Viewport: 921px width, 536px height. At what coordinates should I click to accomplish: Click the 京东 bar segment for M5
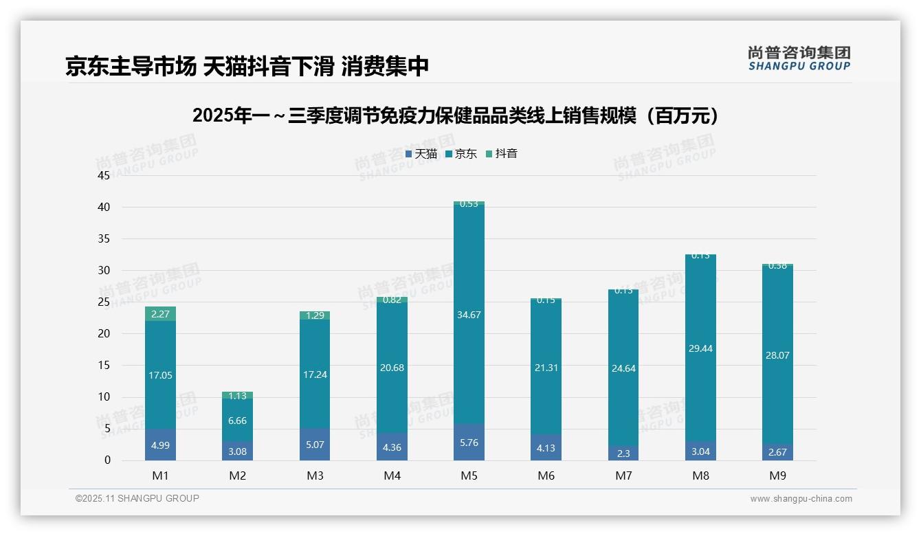point(469,315)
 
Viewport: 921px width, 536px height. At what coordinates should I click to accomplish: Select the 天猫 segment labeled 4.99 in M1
point(160,445)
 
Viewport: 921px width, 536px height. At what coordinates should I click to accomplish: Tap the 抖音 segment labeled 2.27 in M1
point(160,314)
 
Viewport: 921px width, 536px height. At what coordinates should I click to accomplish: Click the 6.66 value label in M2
point(237,421)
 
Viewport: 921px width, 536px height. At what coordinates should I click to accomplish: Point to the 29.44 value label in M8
point(700,348)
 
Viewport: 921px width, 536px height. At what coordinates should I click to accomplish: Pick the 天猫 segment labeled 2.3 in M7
point(623,454)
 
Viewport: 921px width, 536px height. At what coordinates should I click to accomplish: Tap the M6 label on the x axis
point(546,476)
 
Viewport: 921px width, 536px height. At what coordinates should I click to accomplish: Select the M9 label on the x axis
point(777,476)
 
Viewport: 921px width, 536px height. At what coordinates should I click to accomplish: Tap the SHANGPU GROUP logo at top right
point(799,58)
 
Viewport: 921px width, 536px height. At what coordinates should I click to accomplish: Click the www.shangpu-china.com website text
point(801,499)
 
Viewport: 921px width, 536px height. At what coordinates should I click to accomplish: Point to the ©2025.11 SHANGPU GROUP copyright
point(137,499)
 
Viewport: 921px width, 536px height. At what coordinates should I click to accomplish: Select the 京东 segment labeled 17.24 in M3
point(315,375)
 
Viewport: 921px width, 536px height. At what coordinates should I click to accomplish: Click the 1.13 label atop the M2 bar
point(237,396)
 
